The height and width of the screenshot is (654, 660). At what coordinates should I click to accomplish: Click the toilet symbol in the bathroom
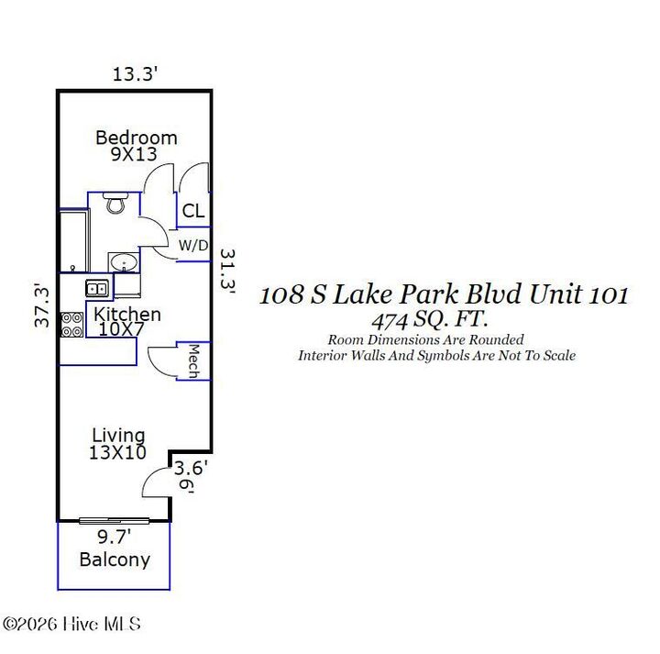tap(115, 203)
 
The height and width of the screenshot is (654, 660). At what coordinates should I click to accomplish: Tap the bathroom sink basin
tap(123, 263)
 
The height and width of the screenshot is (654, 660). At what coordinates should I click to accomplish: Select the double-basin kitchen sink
tap(97, 289)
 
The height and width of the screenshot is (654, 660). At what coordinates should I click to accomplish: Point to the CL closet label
tap(192, 212)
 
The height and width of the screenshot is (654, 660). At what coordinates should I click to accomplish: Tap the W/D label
tap(192, 245)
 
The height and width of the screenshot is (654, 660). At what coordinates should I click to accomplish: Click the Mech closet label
tap(194, 360)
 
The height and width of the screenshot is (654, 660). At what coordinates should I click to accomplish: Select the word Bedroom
tap(137, 138)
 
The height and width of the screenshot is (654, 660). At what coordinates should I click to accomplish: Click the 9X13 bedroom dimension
tap(134, 155)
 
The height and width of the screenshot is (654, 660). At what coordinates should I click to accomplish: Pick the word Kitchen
tap(127, 315)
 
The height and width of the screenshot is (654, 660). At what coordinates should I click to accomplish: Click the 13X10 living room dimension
tap(118, 451)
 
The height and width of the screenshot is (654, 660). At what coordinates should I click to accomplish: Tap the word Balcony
tap(115, 560)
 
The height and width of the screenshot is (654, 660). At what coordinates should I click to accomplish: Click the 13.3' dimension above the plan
tap(137, 74)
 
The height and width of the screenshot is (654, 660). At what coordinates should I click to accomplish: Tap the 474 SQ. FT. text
tap(429, 320)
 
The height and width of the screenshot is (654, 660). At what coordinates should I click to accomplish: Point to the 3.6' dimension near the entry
tap(192, 468)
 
